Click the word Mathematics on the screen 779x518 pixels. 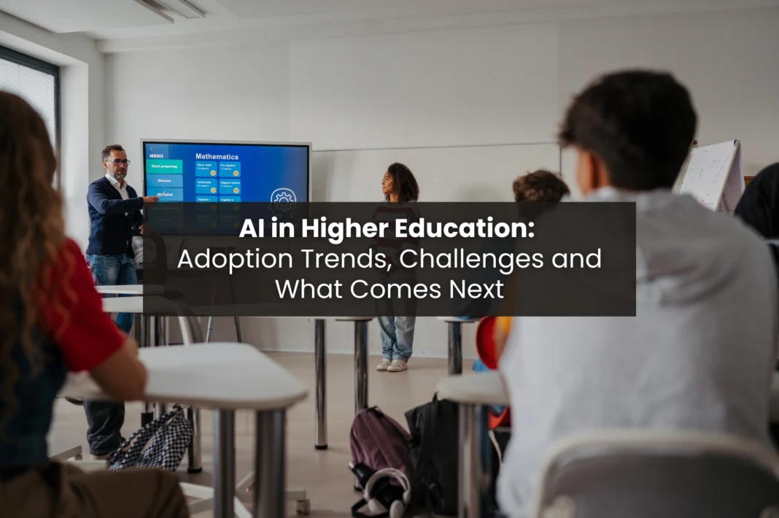217,156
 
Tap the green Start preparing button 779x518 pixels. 164,166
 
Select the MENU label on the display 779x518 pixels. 157,155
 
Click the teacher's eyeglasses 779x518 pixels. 117,161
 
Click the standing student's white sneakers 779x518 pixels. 392,365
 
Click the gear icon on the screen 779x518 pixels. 283,198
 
